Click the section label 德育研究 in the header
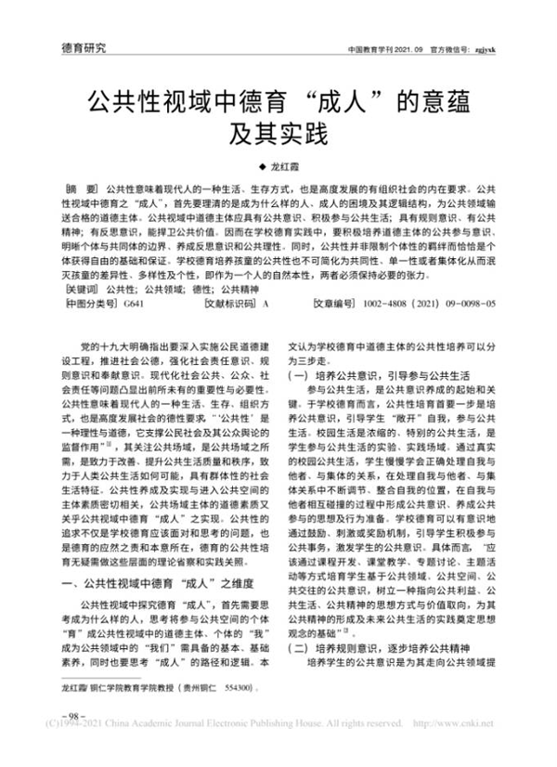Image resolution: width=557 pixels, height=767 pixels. [84, 46]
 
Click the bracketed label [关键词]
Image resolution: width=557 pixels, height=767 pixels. [81, 292]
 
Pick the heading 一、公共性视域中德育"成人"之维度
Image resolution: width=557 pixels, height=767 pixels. [151, 583]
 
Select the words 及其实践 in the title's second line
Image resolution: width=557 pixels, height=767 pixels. [278, 135]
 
